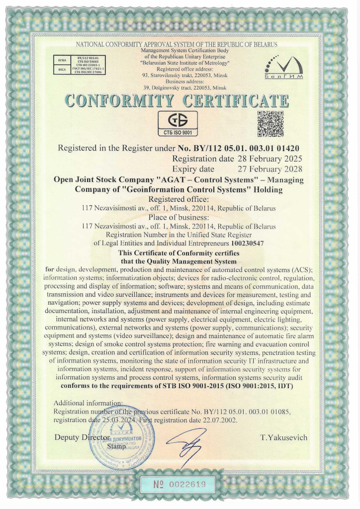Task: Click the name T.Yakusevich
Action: (283, 437)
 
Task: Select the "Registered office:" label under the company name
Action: (178, 199)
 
